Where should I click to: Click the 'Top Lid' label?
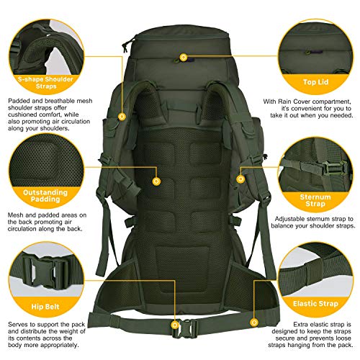pos(315,82)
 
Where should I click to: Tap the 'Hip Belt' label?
pos(45,307)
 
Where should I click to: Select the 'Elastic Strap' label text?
pos(315,304)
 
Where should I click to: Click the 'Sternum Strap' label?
pos(315,200)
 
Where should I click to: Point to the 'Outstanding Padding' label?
pos(45,196)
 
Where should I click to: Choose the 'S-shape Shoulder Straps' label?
pos(45,83)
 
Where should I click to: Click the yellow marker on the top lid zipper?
pos(184,57)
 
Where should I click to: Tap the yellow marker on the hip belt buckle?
pos(175,325)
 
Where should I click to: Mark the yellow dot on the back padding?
pos(156,181)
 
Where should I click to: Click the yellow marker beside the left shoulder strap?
pos(122,117)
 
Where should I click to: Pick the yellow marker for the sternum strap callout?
pos(240,179)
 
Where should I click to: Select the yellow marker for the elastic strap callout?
pos(254,323)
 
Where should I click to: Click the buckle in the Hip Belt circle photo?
pos(45,271)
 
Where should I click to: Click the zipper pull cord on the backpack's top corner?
pos(125,47)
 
